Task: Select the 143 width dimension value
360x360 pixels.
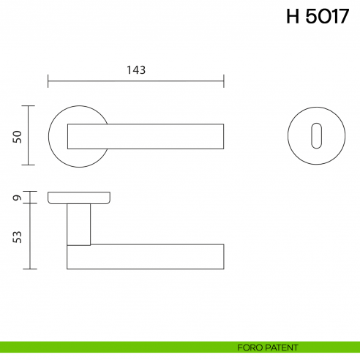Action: click(136, 70)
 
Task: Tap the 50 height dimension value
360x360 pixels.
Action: click(18, 136)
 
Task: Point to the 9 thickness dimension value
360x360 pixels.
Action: click(18, 197)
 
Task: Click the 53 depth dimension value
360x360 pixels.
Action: click(18, 236)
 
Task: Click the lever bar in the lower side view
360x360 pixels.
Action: click(146, 256)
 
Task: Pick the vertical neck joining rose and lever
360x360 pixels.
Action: click(78, 223)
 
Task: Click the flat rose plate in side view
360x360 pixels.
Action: click(80, 198)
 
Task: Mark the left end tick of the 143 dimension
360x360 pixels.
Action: click(48, 80)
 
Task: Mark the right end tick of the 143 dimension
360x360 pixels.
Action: click(224, 80)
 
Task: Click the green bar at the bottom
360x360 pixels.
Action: click(110, 347)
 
